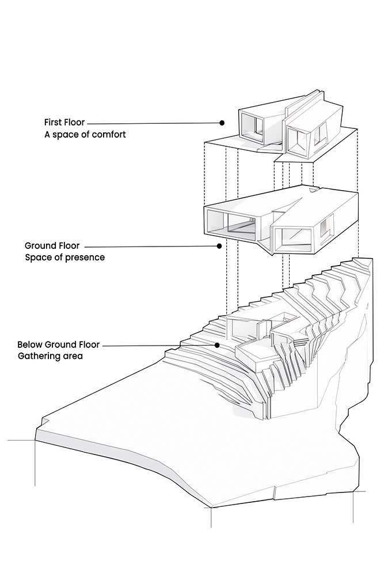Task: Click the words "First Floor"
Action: pyautogui.click(x=64, y=123)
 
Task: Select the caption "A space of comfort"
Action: pyautogui.click(x=85, y=135)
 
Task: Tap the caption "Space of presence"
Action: pyautogui.click(x=65, y=257)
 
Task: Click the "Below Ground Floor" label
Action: pyautogui.click(x=58, y=344)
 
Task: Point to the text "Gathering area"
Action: pyautogui.click(x=50, y=357)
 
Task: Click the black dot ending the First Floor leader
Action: pyautogui.click(x=222, y=123)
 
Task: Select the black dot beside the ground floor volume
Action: pyautogui.click(x=219, y=246)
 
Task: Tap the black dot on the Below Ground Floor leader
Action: pyautogui.click(x=218, y=345)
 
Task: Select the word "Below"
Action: pyautogui.click(x=29, y=344)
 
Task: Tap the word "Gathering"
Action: pyautogui.click(x=38, y=357)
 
